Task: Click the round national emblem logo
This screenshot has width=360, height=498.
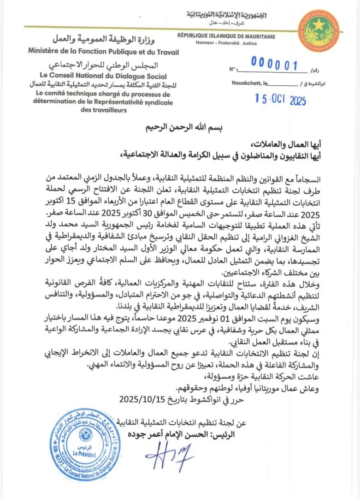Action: pyautogui.click(x=318, y=31)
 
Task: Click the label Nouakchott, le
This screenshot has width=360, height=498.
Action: pyautogui.click(x=249, y=84)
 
